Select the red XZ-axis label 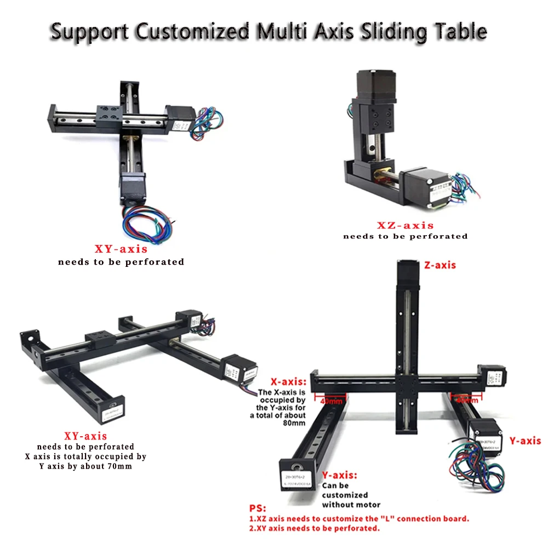(x=405, y=225)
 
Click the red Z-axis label (x=440, y=265)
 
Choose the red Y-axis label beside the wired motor (x=525, y=441)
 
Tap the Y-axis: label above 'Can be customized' (x=340, y=475)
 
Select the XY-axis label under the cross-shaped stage (x=121, y=250)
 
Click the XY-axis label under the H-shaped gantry (x=85, y=436)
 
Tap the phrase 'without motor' (x=351, y=505)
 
